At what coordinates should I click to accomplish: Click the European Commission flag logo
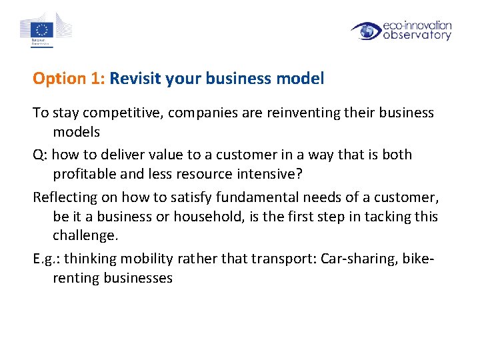pos(45,29)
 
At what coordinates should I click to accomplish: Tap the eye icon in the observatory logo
pos(366,31)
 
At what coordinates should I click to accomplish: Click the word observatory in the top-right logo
pos(417,35)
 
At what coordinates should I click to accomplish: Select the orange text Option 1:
pos(69,79)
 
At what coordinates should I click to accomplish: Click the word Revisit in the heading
pos(136,79)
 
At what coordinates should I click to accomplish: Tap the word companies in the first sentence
pos(197,113)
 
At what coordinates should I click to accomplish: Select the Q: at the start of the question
pos(40,155)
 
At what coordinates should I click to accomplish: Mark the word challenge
pos(85,235)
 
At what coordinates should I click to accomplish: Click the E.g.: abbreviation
pos(46,258)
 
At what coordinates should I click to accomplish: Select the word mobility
pos(140,258)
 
